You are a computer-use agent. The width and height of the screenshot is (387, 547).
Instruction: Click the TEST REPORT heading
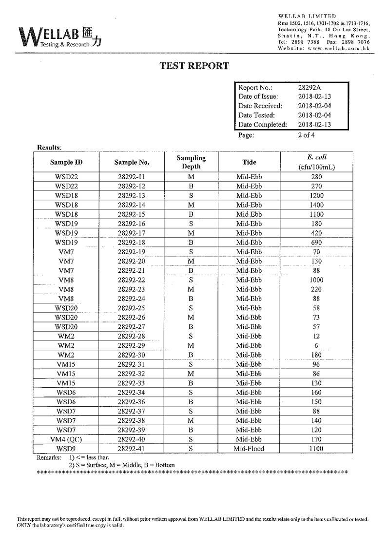point(194,66)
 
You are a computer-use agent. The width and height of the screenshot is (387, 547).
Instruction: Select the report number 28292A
point(310,88)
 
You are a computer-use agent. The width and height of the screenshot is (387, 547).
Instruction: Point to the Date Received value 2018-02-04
point(314,106)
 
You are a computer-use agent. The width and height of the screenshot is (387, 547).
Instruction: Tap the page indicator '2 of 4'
point(307,135)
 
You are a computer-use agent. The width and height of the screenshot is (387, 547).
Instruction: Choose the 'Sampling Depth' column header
point(191,162)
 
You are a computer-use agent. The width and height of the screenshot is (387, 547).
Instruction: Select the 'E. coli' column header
point(317,157)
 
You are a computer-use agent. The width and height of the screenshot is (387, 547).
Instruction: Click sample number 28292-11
point(132,177)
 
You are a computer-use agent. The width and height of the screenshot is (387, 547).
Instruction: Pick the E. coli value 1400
point(316,205)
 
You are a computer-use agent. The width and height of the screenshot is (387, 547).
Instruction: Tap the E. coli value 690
point(316,243)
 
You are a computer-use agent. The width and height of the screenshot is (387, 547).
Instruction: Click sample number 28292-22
point(132,280)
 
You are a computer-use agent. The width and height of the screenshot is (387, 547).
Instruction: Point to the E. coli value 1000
point(316,280)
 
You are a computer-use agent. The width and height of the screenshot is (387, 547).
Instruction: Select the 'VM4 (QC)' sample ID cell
point(66,439)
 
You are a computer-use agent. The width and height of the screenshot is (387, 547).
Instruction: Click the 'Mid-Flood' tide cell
point(249,449)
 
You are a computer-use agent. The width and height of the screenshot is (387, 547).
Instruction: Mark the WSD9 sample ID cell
point(66,449)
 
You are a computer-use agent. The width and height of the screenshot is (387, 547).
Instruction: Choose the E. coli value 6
point(316,345)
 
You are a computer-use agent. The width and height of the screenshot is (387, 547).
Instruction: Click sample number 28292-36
point(132,402)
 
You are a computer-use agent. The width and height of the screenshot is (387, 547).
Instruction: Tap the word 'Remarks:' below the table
point(49,458)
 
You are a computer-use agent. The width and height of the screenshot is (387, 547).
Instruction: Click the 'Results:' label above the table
point(49,147)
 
